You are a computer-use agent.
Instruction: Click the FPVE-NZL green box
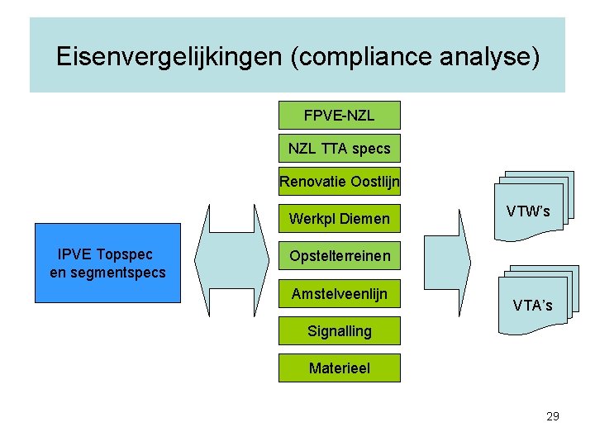pyautogui.click(x=339, y=115)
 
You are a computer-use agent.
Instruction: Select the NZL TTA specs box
pyautogui.click(x=339, y=149)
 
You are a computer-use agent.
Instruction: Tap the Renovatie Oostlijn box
pyautogui.click(x=339, y=182)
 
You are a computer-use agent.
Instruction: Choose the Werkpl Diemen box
pyautogui.click(x=339, y=219)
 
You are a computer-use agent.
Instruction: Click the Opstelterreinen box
pyautogui.click(x=339, y=256)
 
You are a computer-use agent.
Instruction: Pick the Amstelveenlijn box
pyautogui.click(x=339, y=293)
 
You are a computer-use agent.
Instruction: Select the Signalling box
pyautogui.click(x=339, y=331)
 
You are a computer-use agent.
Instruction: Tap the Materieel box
pyautogui.click(x=339, y=368)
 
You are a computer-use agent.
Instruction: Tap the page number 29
pyautogui.click(x=553, y=416)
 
